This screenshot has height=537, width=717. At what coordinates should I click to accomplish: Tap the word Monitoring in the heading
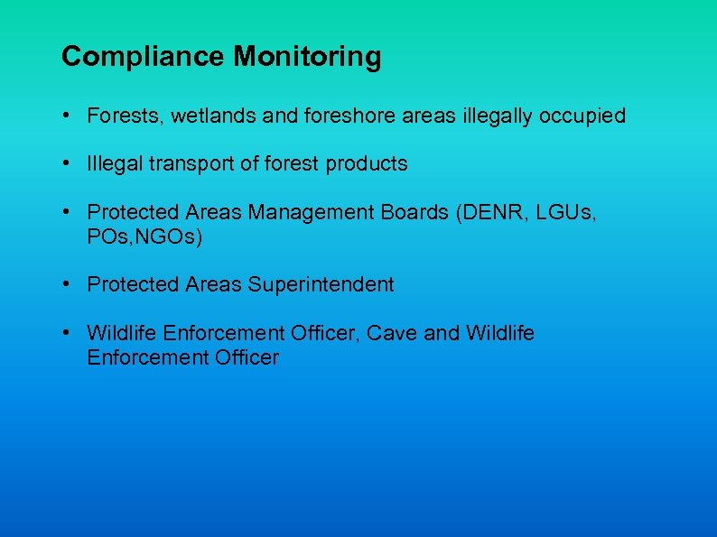click(x=307, y=58)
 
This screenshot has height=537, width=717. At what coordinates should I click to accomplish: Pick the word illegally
click(x=488, y=116)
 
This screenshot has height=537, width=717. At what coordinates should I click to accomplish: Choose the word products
click(x=367, y=164)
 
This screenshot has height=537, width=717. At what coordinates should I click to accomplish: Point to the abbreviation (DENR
click(x=489, y=213)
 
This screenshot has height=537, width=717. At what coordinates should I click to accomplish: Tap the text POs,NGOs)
click(x=144, y=236)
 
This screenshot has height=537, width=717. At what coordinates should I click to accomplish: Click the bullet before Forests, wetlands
click(x=68, y=116)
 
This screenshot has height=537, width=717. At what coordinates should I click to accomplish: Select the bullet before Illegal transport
click(x=68, y=164)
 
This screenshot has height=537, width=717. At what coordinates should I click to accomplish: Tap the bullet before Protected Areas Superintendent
click(x=68, y=285)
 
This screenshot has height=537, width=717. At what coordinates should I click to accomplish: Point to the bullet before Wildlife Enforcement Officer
click(x=68, y=334)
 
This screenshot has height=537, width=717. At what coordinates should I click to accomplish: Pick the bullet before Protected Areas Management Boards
click(x=68, y=213)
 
